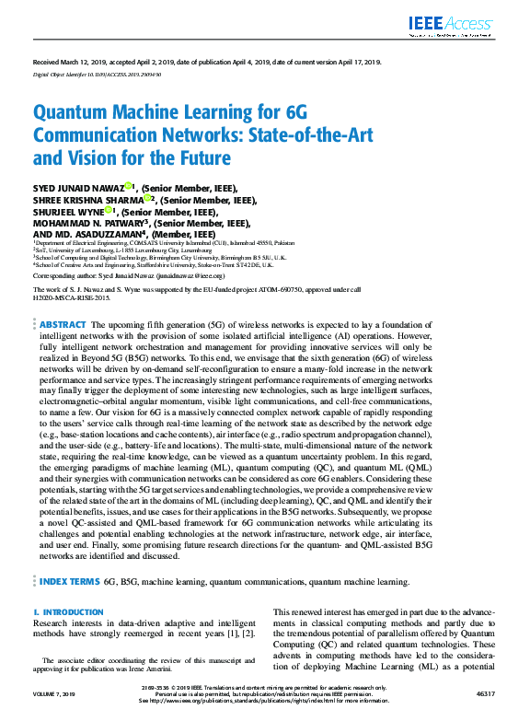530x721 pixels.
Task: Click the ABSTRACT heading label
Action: click(x=61, y=325)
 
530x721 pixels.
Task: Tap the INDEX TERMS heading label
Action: click(x=69, y=582)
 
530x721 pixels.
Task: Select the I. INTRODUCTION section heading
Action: click(x=68, y=612)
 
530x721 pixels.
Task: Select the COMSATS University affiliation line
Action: click(x=148, y=241)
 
